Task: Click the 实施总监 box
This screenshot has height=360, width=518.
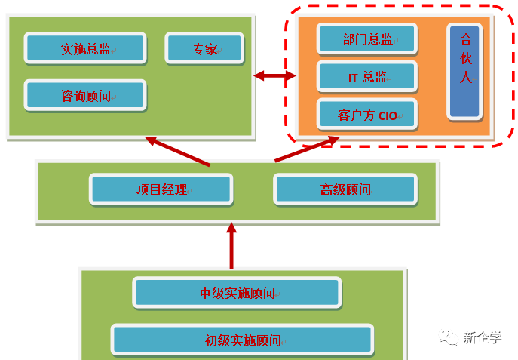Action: pyautogui.click(x=84, y=48)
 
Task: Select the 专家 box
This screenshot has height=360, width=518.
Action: pyautogui.click(x=204, y=48)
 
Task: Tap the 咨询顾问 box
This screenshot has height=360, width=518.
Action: pyautogui.click(x=84, y=96)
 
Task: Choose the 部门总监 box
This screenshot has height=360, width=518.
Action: pyautogui.click(x=367, y=38)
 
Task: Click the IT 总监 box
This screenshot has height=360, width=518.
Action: pyautogui.click(x=367, y=77)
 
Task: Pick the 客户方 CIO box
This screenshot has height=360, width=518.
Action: pyautogui.click(x=367, y=115)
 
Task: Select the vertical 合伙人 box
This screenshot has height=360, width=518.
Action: pyautogui.click(x=464, y=71)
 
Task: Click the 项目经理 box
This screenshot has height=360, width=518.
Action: pyautogui.click(x=161, y=189)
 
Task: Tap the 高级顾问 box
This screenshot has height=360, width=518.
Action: pyautogui.click(x=345, y=189)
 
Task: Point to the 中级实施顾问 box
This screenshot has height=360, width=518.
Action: pyautogui.click(x=236, y=293)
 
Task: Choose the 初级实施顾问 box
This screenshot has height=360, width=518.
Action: pyautogui.click(x=242, y=340)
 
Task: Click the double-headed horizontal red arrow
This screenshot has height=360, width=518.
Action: pyautogui.click(x=274, y=75)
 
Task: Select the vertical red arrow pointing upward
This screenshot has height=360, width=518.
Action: pyautogui.click(x=231, y=246)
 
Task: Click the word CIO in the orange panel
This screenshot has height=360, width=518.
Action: pyautogui.click(x=388, y=115)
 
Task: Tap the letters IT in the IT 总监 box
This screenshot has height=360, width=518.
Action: pyautogui.click(x=352, y=77)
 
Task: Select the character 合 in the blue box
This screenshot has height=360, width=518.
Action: pyautogui.click(x=464, y=40)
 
